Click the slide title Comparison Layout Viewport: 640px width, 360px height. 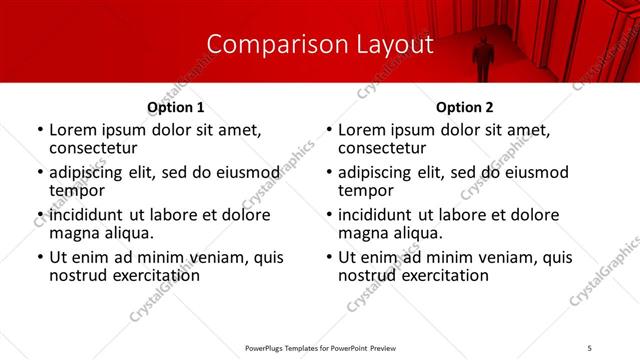320,44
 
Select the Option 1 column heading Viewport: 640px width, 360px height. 175,107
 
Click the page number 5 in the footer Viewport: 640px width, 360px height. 589,347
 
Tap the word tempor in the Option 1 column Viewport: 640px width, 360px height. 77,190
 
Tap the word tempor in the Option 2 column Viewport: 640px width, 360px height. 366,190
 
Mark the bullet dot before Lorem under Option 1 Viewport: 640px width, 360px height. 39,130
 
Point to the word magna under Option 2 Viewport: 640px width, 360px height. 363,233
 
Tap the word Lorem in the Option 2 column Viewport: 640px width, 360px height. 362,129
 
